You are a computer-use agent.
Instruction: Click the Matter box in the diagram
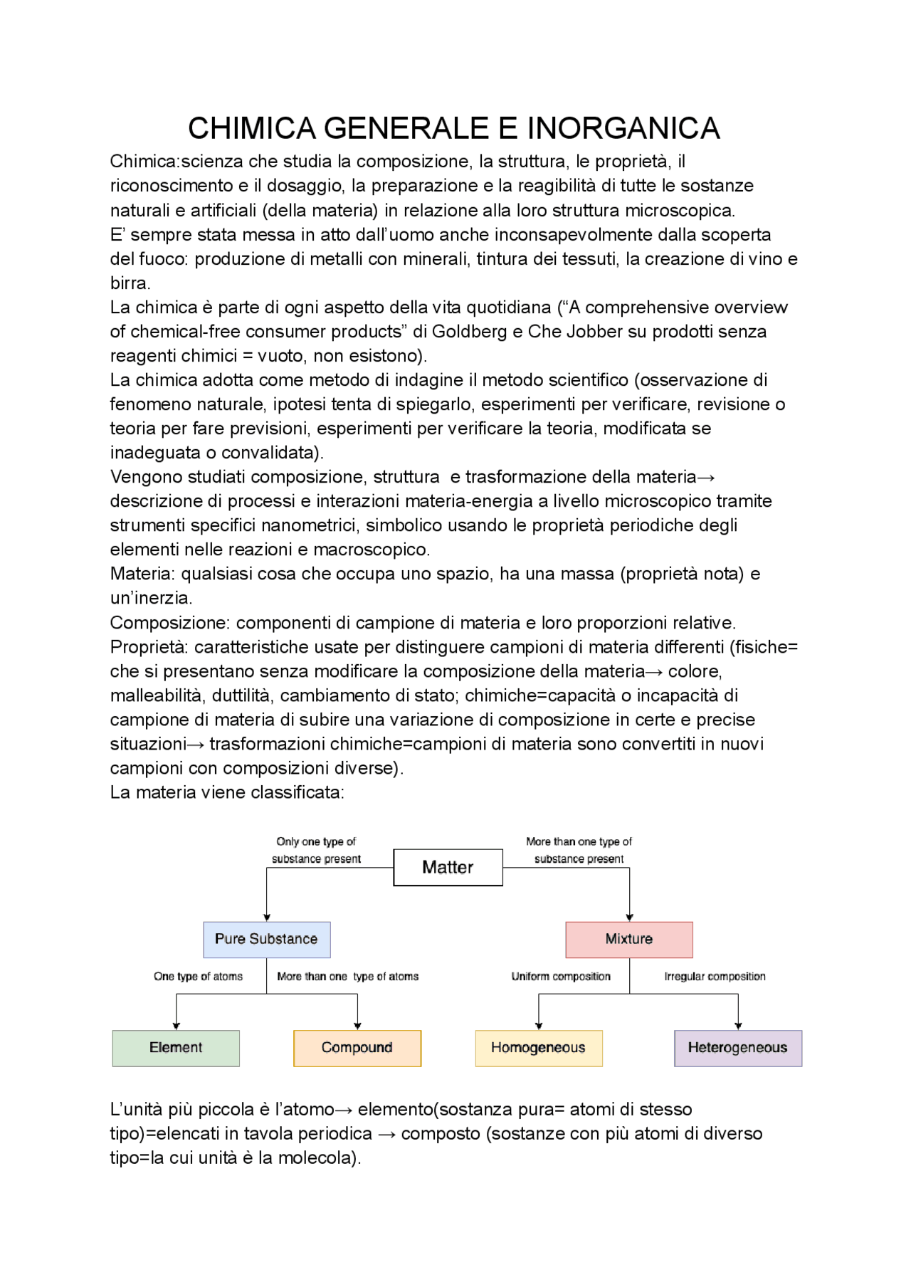pyautogui.click(x=448, y=867)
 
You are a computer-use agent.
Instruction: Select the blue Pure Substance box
pyautogui.click(x=266, y=939)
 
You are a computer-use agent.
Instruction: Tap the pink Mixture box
pyautogui.click(x=628, y=939)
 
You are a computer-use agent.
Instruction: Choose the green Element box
pyautogui.click(x=176, y=1048)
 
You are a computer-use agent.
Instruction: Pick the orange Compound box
pyautogui.click(x=357, y=1048)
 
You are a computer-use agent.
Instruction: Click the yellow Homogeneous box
pyautogui.click(x=538, y=1048)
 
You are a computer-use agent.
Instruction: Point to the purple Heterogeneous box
pyautogui.click(x=737, y=1048)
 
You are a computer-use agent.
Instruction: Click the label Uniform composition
pyautogui.click(x=561, y=977)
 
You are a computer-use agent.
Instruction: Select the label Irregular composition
pyautogui.click(x=715, y=977)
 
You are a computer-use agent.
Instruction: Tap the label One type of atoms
pyautogui.click(x=198, y=977)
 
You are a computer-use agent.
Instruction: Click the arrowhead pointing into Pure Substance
pyautogui.click(x=267, y=918)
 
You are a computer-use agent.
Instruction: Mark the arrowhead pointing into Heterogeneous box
pyautogui.click(x=738, y=1026)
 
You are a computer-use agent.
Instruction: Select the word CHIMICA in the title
pyautogui.click(x=251, y=129)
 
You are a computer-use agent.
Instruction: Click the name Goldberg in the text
pyautogui.click(x=467, y=332)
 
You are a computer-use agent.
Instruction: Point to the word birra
pyautogui.click(x=129, y=283)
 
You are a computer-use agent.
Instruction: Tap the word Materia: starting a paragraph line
pyautogui.click(x=142, y=574)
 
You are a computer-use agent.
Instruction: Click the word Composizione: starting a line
pyautogui.click(x=170, y=623)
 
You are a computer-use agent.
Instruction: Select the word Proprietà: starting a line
pyautogui.click(x=149, y=647)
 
